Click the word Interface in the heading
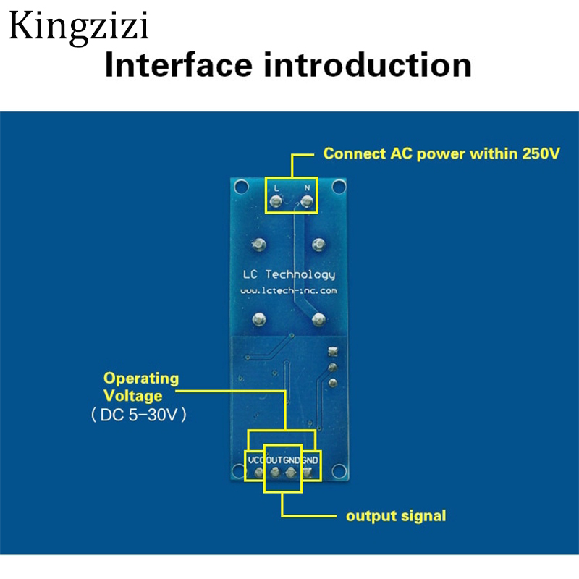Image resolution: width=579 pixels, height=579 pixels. pyautogui.click(x=178, y=65)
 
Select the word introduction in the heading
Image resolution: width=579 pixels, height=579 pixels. pyautogui.click(x=368, y=65)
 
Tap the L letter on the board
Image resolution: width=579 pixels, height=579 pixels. pyautogui.click(x=276, y=187)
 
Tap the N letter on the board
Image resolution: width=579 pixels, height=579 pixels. pyautogui.click(x=308, y=187)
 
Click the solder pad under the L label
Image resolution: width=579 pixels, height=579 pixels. pyautogui.click(x=276, y=202)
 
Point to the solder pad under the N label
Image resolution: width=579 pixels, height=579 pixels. pyautogui.click(x=308, y=202)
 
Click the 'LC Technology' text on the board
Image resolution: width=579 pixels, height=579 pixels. pyautogui.click(x=287, y=274)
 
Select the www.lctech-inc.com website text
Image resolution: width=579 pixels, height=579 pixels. pyautogui.click(x=288, y=290)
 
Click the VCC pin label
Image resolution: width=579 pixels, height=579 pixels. pyautogui.click(x=255, y=460)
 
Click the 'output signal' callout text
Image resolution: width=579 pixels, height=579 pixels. pyautogui.click(x=395, y=516)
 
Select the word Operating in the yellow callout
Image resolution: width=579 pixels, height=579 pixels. pyautogui.click(x=140, y=379)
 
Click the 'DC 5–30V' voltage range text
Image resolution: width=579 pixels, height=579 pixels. pyautogui.click(x=138, y=415)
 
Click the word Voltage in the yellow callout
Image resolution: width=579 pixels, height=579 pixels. pyautogui.click(x=132, y=396)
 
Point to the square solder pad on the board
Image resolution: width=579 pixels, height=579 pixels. pyautogui.click(x=333, y=352)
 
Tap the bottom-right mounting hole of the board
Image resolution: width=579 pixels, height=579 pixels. pyautogui.click(x=337, y=473)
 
